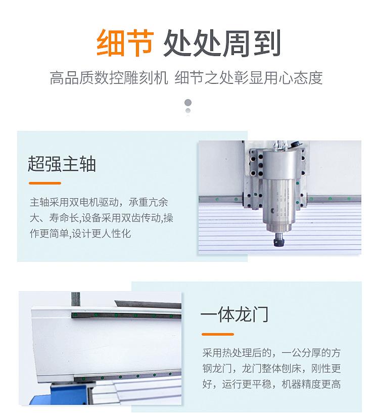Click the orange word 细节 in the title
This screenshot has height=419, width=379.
click(x=124, y=42)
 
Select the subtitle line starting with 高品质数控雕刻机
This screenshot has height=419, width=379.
click(x=186, y=78)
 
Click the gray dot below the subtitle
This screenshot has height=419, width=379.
click(x=188, y=103)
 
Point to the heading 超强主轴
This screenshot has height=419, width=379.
click(x=62, y=164)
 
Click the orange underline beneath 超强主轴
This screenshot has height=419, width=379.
click(x=44, y=183)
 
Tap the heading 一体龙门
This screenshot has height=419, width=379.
click(x=234, y=314)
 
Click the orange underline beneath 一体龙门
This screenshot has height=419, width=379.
click(x=217, y=334)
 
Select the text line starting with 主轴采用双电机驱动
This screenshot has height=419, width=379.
click(x=99, y=203)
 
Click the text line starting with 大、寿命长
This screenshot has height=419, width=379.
click(x=101, y=218)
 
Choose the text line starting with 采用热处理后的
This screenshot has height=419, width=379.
click(x=271, y=353)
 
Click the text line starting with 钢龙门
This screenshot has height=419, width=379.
click(x=271, y=368)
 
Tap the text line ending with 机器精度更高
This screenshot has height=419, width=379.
click(x=271, y=384)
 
